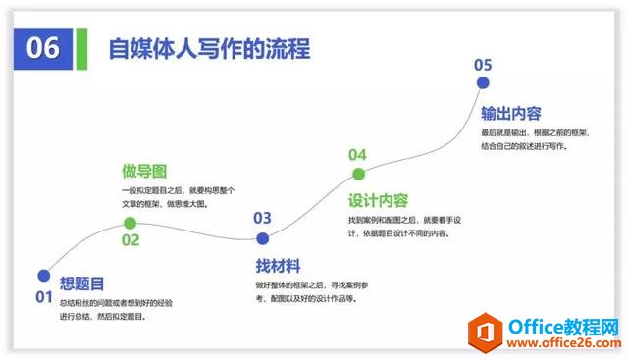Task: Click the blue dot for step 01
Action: click(x=43, y=276)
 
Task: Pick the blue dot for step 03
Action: click(x=262, y=238)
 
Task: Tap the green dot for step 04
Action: click(x=358, y=175)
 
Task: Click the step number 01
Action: click(x=43, y=297)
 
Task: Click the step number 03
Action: click(x=262, y=218)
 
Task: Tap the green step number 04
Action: click(x=357, y=155)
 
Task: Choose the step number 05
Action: click(x=483, y=65)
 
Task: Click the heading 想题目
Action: click(x=81, y=284)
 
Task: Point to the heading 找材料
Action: click(x=277, y=266)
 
